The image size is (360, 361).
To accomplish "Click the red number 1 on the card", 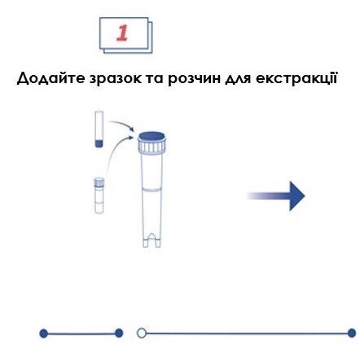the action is [122, 33].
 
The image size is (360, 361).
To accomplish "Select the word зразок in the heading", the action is [116, 79].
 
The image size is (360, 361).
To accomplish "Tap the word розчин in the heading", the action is [195, 80].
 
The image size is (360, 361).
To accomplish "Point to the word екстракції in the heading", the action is [296, 79].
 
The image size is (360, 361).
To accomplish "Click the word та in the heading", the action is [155, 79].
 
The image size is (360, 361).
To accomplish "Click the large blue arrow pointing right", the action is [276, 196].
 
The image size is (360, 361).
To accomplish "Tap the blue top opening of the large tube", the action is [151, 136].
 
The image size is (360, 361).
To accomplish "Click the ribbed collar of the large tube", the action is [151, 147].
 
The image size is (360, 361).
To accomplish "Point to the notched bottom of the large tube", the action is [151, 240].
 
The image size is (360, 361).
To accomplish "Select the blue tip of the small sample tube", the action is [99, 143].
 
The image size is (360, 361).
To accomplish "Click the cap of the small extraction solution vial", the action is [99, 182].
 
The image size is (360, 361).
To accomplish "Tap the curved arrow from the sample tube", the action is [121, 125].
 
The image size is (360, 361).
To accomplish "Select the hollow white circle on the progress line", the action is [142, 333].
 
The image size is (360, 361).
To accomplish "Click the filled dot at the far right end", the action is [352, 333].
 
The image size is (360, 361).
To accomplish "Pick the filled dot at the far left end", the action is [43, 333].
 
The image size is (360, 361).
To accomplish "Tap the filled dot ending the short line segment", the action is [119, 333].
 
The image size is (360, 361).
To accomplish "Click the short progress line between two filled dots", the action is [81, 333].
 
